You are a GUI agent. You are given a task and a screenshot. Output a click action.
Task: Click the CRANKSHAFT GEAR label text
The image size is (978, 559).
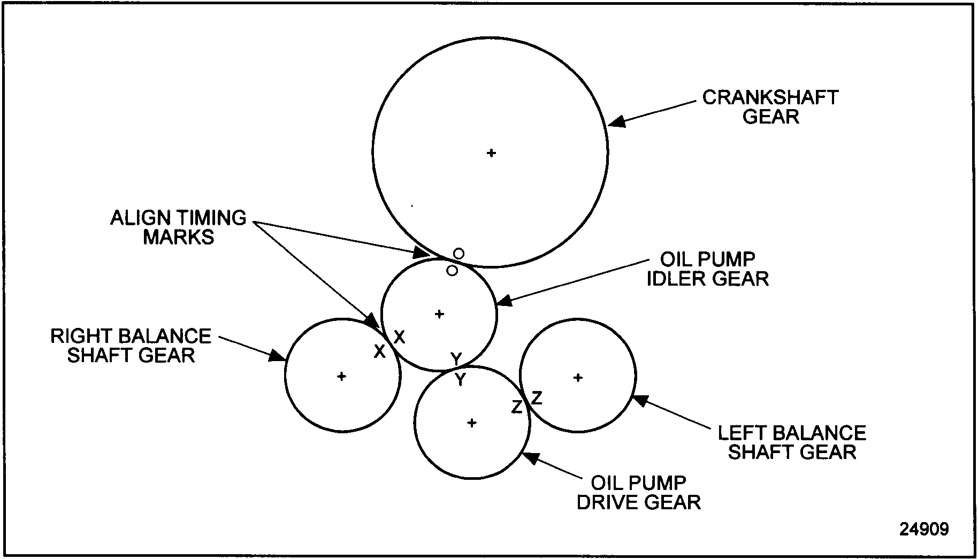(770, 107)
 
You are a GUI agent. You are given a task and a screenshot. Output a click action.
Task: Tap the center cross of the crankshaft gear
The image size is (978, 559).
(491, 153)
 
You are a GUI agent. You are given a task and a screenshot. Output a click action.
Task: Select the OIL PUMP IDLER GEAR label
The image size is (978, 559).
(707, 269)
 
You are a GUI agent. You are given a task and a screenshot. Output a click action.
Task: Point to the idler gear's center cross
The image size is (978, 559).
(439, 314)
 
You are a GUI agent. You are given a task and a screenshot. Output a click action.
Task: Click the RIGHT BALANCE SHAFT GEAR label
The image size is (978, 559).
(131, 346)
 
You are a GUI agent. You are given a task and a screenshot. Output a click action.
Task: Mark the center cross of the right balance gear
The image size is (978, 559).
(341, 377)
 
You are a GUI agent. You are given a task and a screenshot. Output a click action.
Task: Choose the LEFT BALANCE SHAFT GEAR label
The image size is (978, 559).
(792, 442)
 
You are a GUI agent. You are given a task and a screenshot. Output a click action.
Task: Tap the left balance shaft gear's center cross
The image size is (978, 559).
(578, 378)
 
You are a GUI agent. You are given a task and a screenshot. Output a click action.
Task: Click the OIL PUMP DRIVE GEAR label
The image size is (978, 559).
(639, 493)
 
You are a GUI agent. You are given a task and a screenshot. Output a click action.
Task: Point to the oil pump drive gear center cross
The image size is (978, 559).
(471, 423)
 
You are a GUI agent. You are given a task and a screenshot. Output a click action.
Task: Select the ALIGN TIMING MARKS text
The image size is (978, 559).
(178, 227)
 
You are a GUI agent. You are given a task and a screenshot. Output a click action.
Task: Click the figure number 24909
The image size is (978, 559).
(924, 529)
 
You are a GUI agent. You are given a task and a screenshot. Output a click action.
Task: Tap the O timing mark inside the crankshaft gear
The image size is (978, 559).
(459, 253)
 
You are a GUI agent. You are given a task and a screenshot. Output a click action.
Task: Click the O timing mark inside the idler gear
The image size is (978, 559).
(452, 271)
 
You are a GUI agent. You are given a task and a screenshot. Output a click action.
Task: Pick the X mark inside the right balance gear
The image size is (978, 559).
(379, 351)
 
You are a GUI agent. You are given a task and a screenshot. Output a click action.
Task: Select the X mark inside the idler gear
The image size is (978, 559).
(399, 337)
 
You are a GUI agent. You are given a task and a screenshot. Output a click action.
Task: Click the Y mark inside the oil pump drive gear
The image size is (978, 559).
(460, 380)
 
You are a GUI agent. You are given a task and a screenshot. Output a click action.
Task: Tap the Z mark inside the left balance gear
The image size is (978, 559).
(536, 397)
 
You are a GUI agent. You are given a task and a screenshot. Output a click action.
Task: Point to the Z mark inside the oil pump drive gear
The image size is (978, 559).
(516, 407)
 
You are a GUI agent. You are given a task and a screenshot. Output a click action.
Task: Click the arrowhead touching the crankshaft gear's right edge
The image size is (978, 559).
(616, 121)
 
